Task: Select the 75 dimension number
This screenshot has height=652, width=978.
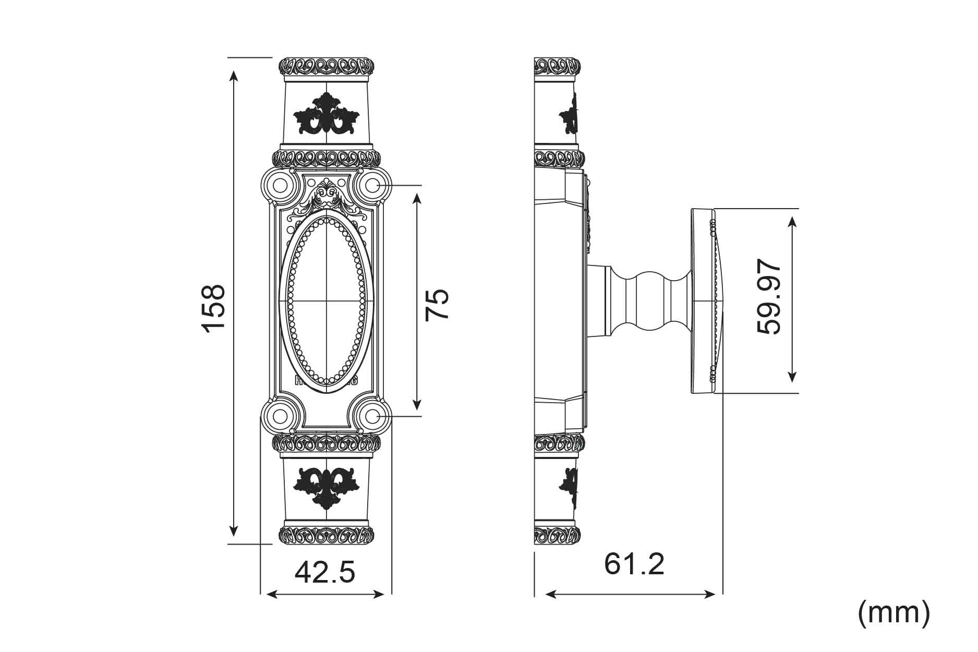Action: tap(437, 305)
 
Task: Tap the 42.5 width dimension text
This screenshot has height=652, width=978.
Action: tap(324, 572)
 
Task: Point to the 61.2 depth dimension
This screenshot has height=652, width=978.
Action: tap(634, 564)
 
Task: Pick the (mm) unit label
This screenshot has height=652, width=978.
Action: tap(894, 613)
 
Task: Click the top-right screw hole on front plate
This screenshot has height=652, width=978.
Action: tap(372, 185)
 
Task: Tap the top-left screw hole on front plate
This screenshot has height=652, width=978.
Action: tap(281, 185)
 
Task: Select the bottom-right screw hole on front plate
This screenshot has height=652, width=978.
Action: tap(372, 416)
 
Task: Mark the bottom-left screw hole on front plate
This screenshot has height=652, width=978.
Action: tap(281, 416)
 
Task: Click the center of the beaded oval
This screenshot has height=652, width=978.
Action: tap(327, 301)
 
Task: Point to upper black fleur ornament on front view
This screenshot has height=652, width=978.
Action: tap(327, 114)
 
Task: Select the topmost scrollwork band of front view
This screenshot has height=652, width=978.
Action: tap(327, 66)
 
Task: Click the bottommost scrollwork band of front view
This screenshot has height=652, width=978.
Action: tap(327, 535)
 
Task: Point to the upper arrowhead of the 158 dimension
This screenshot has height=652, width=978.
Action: tap(234, 75)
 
